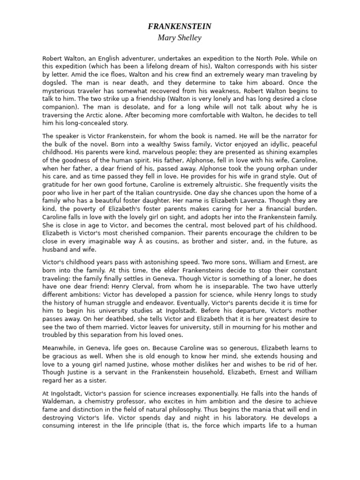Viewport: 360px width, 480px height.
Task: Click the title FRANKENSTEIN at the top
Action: click(x=180, y=27)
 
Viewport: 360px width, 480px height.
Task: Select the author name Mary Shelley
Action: click(x=180, y=38)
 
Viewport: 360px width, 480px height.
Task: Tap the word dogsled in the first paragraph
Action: click(x=56, y=83)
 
